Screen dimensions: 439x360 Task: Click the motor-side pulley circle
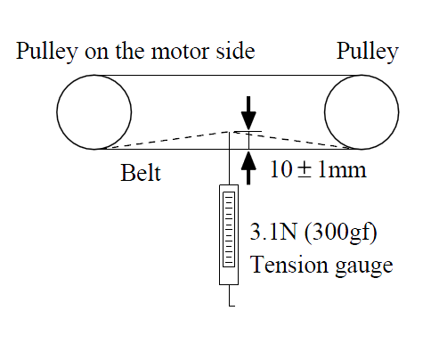[57, 112]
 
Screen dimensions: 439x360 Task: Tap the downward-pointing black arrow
[248, 113]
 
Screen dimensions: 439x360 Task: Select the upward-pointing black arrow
[248, 168]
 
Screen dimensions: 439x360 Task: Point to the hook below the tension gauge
[230, 296]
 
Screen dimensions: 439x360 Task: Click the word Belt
[141, 173]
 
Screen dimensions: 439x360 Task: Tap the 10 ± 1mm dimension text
[318, 169]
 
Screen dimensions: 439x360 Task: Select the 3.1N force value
[273, 232]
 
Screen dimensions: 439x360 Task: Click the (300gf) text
[341, 233]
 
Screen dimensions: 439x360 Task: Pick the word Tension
[289, 265]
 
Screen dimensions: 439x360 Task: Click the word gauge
[364, 267]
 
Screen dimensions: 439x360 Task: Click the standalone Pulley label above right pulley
[368, 53]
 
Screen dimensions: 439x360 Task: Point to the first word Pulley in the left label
[47, 53]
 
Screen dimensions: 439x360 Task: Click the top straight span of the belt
[228, 75]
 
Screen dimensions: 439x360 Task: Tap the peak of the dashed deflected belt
[230, 132]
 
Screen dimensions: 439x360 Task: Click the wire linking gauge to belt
[229, 158]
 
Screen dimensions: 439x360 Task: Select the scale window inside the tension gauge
[229, 229]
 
